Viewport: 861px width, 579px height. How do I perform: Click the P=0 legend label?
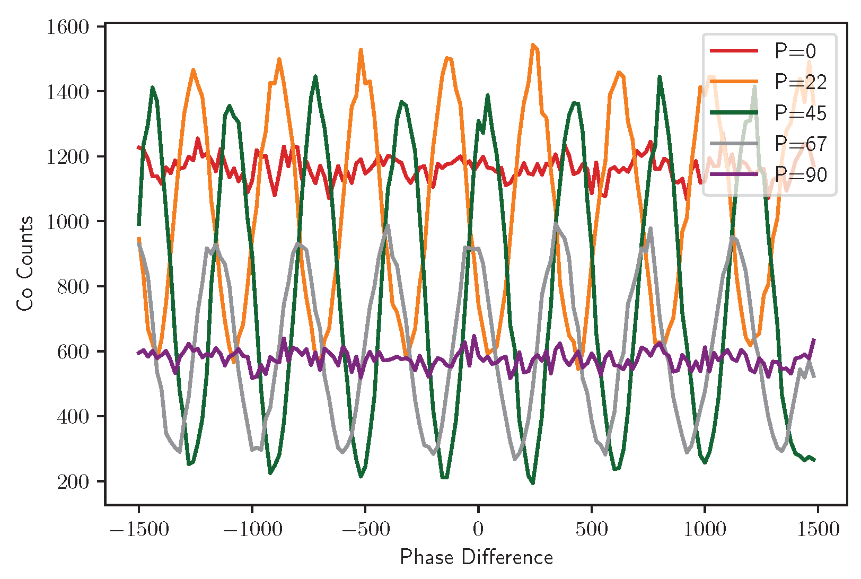795,51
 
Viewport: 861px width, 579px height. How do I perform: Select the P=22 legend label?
801,82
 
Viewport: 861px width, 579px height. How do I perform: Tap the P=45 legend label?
801,113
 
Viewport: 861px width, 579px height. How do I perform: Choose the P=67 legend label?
801,144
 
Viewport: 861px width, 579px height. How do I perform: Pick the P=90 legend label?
801,174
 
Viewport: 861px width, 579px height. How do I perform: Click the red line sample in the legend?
734,50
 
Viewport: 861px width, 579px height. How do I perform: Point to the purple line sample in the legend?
734,174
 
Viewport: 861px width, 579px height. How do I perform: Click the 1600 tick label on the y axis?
67,27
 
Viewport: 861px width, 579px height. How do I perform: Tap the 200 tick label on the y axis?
73,481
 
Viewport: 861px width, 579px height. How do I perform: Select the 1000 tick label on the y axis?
67,222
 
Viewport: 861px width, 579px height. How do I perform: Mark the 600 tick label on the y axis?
73,352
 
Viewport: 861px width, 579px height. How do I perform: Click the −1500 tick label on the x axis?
139,529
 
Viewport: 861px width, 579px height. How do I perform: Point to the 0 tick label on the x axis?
478,529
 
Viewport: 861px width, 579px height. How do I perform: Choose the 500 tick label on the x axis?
592,529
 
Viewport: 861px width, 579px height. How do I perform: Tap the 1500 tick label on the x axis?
818,529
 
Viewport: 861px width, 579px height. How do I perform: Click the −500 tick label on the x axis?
365,529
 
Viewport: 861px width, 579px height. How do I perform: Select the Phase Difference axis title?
477,557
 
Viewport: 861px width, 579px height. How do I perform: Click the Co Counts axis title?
25,264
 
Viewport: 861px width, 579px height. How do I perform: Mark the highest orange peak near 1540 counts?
533,45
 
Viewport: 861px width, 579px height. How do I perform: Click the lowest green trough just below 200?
532,482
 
